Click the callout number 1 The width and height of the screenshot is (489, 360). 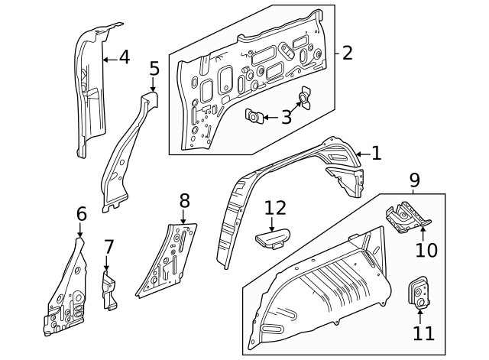[x=376, y=154]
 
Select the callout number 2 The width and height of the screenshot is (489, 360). [x=347, y=53]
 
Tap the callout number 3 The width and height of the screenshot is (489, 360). [x=287, y=117]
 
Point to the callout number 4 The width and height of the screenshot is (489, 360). [x=125, y=57]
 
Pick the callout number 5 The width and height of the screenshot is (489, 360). [x=154, y=70]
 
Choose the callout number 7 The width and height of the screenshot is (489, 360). [x=108, y=247]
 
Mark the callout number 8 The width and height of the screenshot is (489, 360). [x=184, y=201]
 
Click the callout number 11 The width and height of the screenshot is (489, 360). [x=422, y=332]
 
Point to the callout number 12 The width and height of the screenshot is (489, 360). [x=275, y=207]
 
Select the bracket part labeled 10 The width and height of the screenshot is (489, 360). [x=406, y=217]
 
